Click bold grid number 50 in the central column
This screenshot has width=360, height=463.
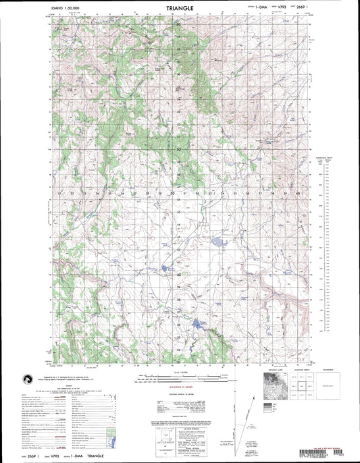pos(178,150)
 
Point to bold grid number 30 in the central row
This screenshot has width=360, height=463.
pos(172,194)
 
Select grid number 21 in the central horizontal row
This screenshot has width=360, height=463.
pos(59,194)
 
